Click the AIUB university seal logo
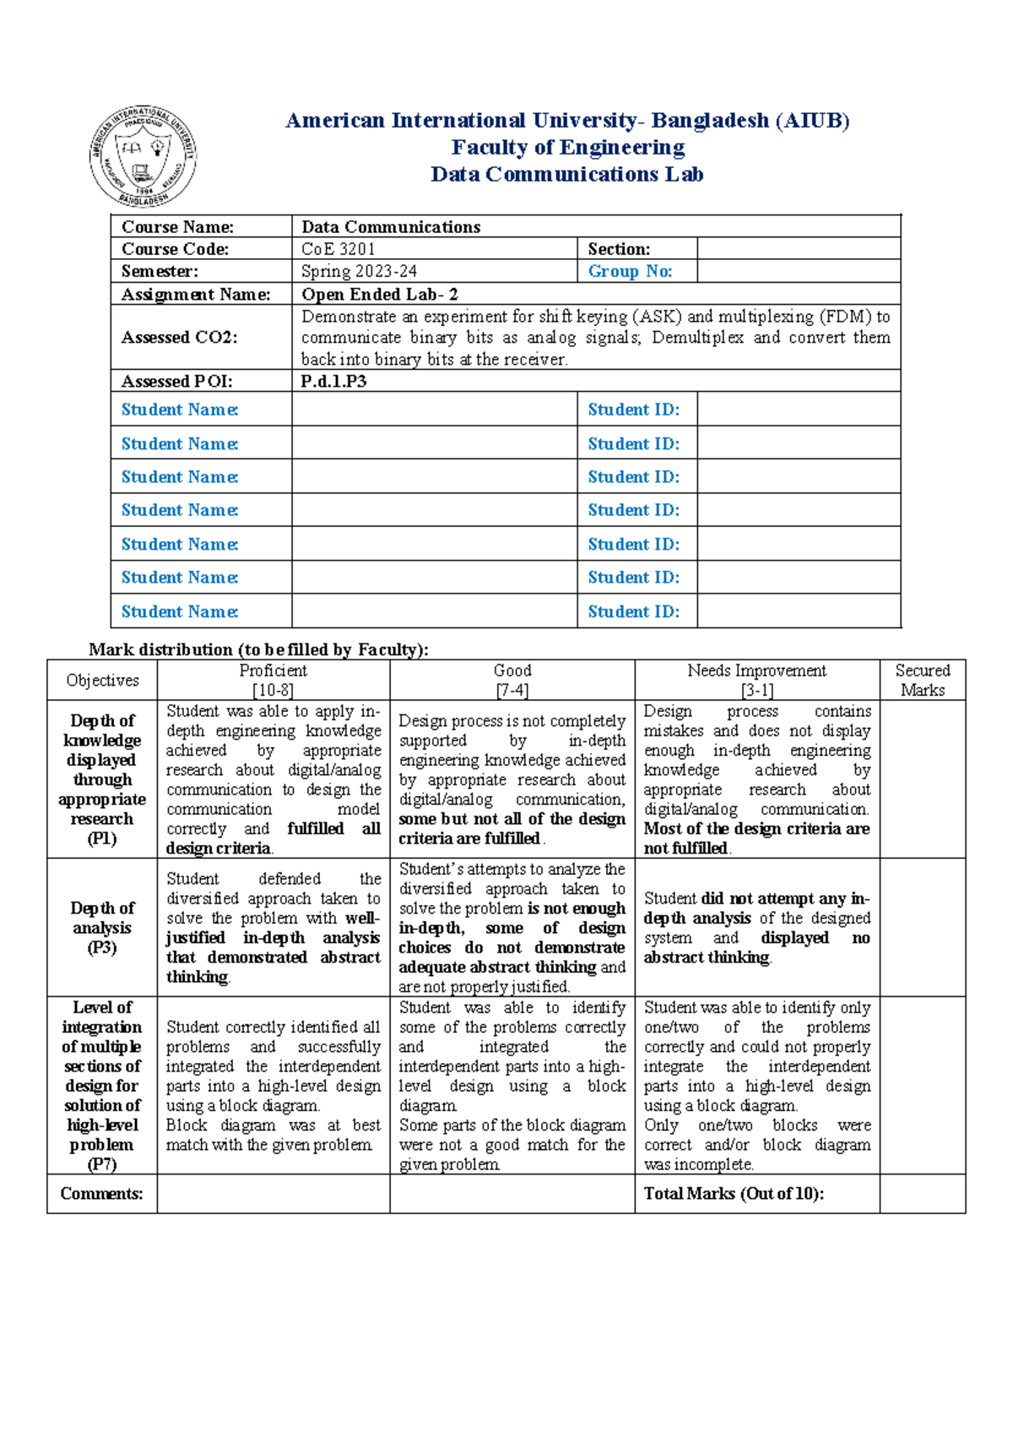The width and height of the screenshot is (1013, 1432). click(x=143, y=156)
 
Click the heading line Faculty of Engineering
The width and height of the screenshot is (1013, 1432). click(x=567, y=148)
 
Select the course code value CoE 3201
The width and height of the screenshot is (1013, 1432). click(x=338, y=249)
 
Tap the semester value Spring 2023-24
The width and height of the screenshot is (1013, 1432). click(x=359, y=271)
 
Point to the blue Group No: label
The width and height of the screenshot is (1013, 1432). click(x=630, y=271)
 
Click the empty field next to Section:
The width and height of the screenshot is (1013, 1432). click(x=798, y=249)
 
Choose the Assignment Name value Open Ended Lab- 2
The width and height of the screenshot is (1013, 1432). click(x=379, y=294)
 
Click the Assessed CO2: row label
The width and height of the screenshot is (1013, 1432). click(x=179, y=337)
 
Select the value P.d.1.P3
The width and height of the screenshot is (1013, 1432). click(x=333, y=381)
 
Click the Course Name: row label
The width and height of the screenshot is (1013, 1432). click(x=177, y=226)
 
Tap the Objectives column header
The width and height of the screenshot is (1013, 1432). click(x=102, y=681)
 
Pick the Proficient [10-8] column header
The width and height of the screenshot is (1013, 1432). click(x=273, y=680)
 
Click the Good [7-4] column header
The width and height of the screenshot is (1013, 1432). click(x=512, y=680)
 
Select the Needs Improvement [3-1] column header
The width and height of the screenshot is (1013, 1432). click(x=756, y=680)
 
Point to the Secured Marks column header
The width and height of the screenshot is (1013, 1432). click(x=922, y=680)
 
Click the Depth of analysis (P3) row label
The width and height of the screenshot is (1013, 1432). click(x=101, y=927)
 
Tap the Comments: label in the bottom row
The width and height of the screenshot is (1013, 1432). click(x=101, y=1194)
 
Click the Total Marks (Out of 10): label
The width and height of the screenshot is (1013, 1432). click(x=734, y=1194)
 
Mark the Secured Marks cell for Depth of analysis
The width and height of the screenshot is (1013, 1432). click(x=922, y=927)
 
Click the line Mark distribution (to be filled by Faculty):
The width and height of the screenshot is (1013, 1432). click(x=258, y=649)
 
